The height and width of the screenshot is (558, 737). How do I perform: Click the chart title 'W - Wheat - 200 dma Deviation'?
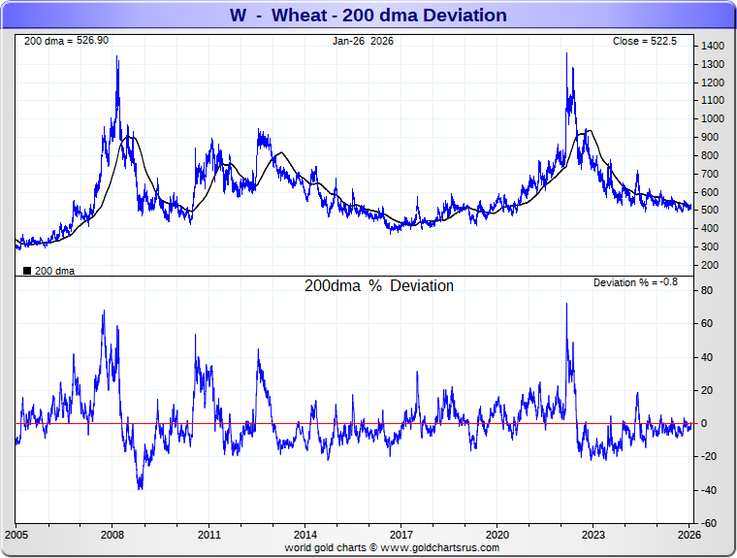click(368, 15)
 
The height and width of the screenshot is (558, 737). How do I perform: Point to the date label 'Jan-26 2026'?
click(364, 41)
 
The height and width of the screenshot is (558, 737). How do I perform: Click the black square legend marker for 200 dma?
click(26, 271)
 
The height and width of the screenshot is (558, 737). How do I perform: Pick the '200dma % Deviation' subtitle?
click(379, 286)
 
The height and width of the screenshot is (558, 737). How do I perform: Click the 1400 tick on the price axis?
click(713, 47)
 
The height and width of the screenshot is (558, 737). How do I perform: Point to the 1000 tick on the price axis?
click(713, 119)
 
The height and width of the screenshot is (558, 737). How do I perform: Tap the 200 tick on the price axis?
click(710, 265)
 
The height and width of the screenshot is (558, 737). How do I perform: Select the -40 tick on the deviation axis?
click(709, 490)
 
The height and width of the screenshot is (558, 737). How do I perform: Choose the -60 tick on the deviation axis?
click(709, 523)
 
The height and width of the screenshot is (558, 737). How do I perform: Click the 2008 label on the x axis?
click(112, 535)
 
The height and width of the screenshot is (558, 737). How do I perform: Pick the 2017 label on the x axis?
click(401, 535)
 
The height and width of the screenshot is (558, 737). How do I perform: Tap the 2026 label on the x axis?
click(689, 535)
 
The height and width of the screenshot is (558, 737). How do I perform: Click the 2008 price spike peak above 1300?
click(117, 57)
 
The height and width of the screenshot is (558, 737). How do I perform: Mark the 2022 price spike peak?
click(567, 53)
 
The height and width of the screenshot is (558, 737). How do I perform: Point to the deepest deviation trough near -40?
click(141, 488)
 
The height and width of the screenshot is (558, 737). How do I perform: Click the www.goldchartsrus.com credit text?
click(392, 547)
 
